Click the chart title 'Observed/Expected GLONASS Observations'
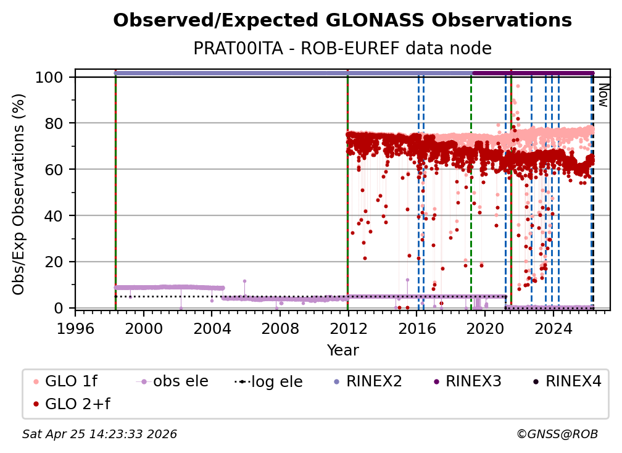click(x=342, y=20)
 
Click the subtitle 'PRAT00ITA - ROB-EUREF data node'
click(x=342, y=49)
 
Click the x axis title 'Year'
click(x=342, y=351)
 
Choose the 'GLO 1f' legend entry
click(x=68, y=381)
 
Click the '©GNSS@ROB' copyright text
click(x=557, y=434)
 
